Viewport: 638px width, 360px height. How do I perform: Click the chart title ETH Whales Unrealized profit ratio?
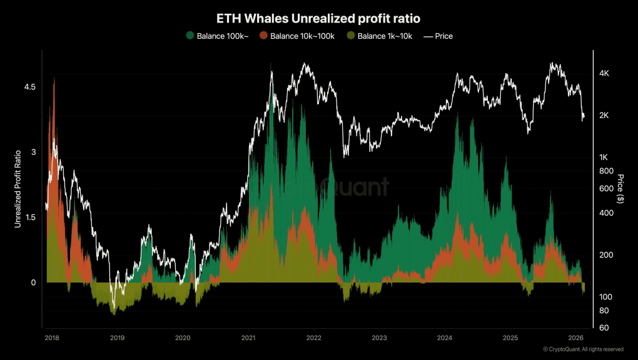[x=318, y=19]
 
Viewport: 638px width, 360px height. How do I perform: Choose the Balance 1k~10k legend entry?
[x=379, y=36]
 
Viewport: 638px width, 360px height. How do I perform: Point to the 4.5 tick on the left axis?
[x=29, y=86]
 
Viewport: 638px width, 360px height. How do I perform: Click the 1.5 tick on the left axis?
[x=29, y=217]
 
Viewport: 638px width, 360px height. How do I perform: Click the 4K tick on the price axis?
[x=604, y=74]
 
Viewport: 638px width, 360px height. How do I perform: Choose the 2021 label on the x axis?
[x=248, y=338]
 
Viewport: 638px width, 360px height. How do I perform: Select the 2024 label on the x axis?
[x=444, y=338]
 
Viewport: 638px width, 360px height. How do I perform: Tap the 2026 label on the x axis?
[x=575, y=338]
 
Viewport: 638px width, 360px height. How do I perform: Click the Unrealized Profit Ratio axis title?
[x=19, y=188]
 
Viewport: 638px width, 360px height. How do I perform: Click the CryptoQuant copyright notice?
[x=582, y=349]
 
